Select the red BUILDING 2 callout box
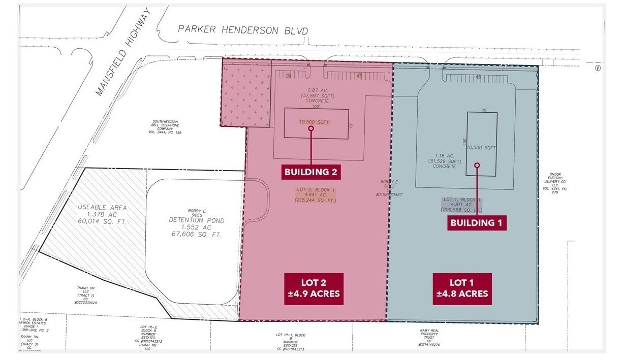pyautogui.click(x=310, y=172)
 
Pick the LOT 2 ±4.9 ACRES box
pyautogui.click(x=314, y=289)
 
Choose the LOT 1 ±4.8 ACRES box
pyautogui.click(x=462, y=289)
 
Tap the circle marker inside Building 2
pyautogui.click(x=311, y=128)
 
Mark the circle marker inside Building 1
pyautogui.click(x=477, y=165)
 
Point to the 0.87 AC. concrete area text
pyautogui.click(x=314, y=95)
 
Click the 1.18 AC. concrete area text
pyautogui.click(x=445, y=161)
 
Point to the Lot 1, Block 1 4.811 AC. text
pyautogui.click(x=461, y=205)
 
